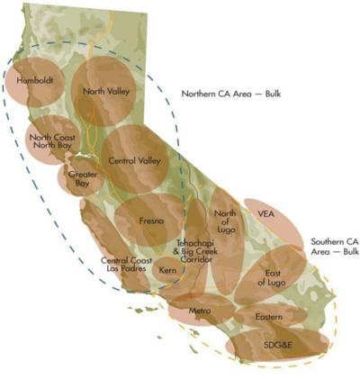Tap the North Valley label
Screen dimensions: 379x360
[106, 91]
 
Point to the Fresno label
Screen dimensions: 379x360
[150, 219]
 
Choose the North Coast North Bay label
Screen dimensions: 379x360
[52, 143]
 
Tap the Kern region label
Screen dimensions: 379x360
[167, 269]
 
